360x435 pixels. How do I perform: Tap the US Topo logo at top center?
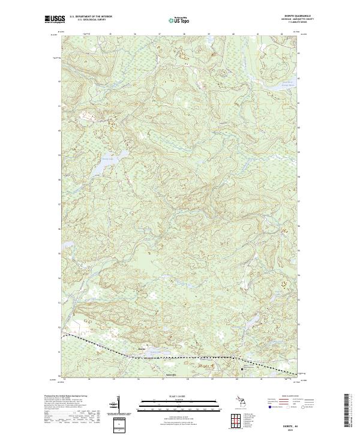tap(180, 20)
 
